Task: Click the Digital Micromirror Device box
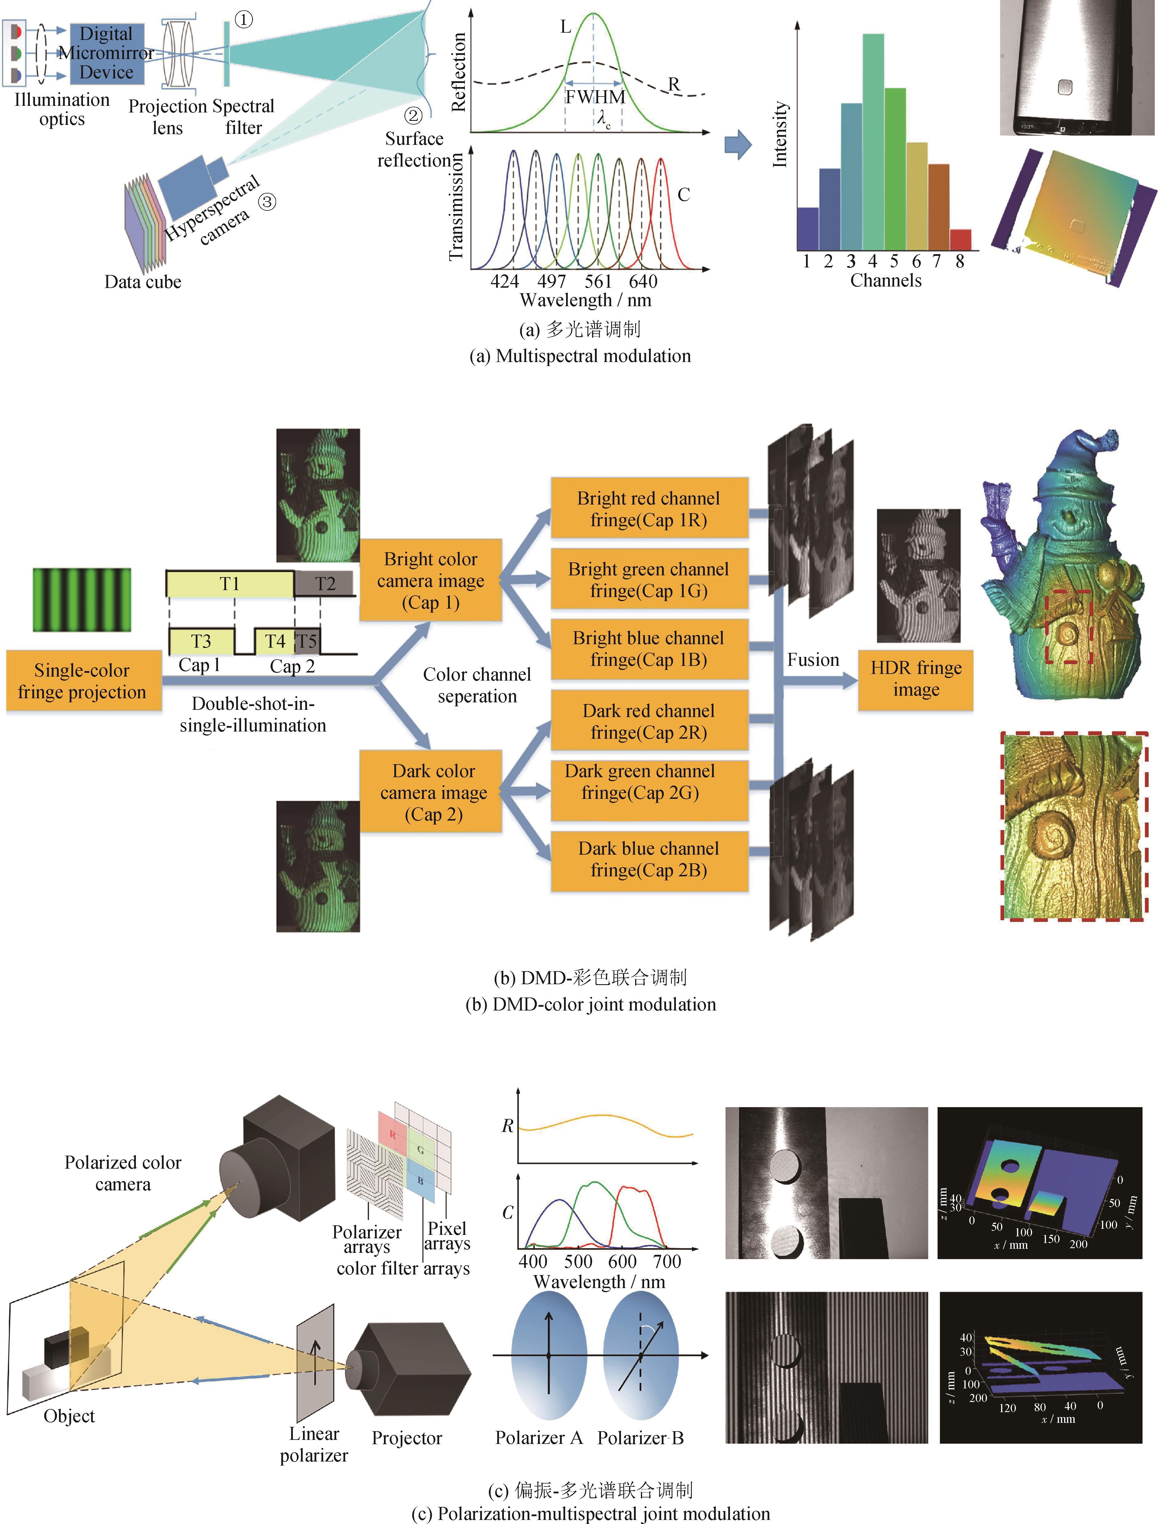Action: (106, 53)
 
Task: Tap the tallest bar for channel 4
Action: (873, 142)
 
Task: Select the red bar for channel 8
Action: (960, 239)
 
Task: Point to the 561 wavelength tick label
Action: (598, 281)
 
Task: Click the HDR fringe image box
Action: (916, 679)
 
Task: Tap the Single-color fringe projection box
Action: (82, 681)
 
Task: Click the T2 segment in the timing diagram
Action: (324, 584)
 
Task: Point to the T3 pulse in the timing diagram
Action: (201, 641)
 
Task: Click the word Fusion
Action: (813, 660)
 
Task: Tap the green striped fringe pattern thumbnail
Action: (82, 599)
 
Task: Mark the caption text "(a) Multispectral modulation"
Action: (580, 356)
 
